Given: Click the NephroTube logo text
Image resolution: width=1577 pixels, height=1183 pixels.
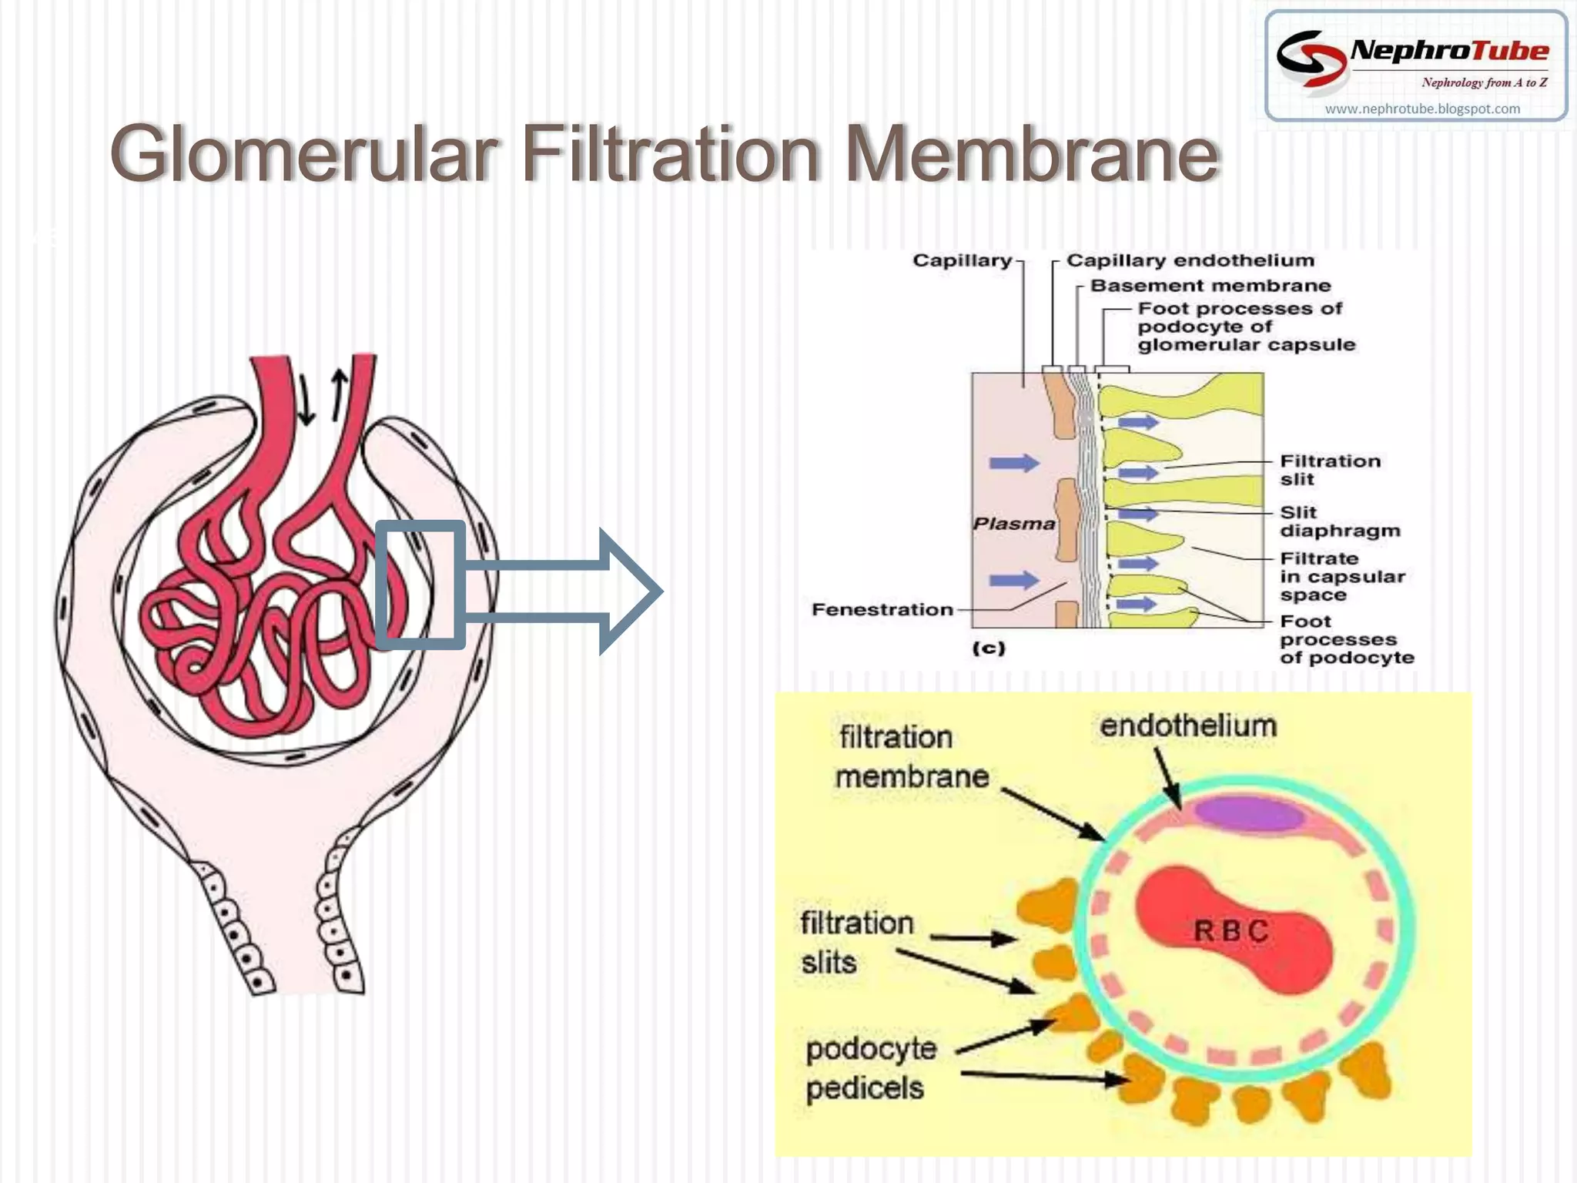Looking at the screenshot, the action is point(1449,51).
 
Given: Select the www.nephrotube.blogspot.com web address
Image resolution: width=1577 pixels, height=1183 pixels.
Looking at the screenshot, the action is point(1422,109).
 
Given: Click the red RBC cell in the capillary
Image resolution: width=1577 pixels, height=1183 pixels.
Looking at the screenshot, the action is point(1232,929).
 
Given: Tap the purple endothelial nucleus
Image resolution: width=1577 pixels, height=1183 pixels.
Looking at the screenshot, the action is point(1248,813).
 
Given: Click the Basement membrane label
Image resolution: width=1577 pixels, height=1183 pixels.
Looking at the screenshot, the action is point(1210,286).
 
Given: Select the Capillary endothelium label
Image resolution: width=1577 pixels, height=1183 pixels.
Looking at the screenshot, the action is point(1190,260).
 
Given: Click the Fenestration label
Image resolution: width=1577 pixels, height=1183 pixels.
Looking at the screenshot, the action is point(882,609).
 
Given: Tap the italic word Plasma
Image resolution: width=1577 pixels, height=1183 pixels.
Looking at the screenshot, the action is point(1014,524).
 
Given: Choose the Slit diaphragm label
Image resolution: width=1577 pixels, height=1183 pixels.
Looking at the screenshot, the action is point(1340,521).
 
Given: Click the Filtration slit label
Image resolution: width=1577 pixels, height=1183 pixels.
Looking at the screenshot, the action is point(1330,470).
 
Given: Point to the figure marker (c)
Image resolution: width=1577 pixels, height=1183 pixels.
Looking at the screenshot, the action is point(989,648).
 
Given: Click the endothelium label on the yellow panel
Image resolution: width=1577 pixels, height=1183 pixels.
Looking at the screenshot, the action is point(1188,726).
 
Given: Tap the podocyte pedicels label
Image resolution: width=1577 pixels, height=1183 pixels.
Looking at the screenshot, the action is point(871,1069).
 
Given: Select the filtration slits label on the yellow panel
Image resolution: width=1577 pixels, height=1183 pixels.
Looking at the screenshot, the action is point(857,943).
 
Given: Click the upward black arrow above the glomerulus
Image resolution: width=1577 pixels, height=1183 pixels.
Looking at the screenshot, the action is point(338,395).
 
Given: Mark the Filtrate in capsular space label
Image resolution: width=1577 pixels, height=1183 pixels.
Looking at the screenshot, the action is point(1342,576).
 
